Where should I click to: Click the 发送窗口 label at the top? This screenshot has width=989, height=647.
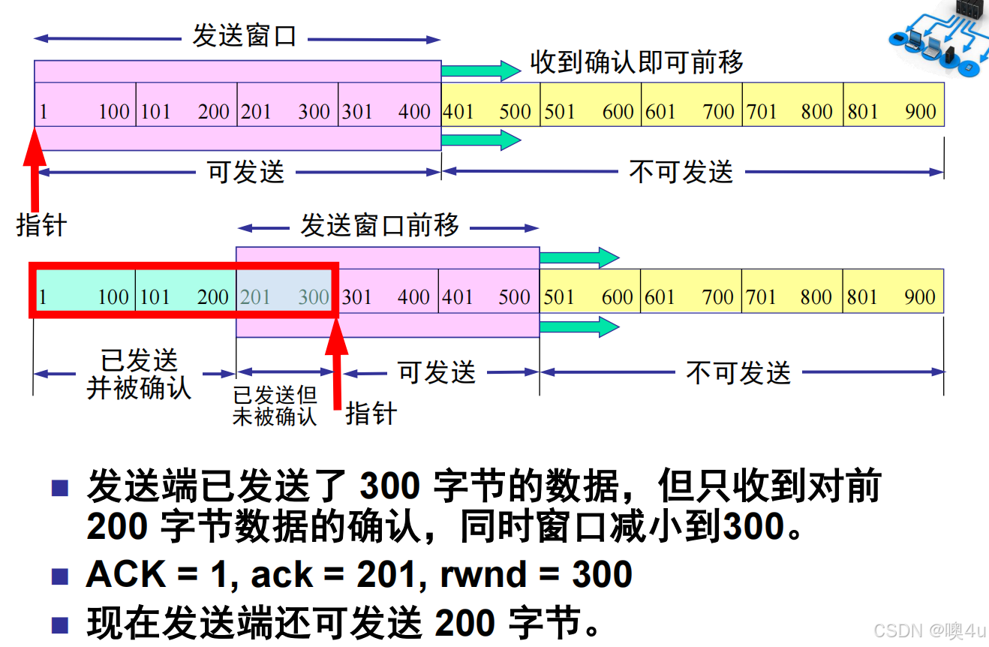click(x=245, y=37)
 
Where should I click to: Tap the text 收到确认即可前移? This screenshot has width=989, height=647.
click(x=636, y=62)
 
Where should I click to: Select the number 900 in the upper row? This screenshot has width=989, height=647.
click(x=920, y=112)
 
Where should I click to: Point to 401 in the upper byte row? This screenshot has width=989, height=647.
click(x=458, y=112)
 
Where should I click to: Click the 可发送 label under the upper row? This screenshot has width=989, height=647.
click(x=246, y=173)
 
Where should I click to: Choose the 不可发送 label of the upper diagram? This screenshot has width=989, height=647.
click(x=681, y=173)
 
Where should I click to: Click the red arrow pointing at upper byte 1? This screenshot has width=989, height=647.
click(x=34, y=169)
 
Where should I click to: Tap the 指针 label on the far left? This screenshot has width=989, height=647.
click(x=41, y=225)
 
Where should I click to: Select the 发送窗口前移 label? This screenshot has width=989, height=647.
click(x=380, y=225)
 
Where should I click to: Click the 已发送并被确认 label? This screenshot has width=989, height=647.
click(x=140, y=374)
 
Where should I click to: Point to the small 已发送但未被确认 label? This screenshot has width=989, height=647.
click(x=275, y=406)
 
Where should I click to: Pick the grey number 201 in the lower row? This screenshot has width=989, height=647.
click(x=255, y=297)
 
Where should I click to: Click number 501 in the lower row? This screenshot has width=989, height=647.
click(x=558, y=297)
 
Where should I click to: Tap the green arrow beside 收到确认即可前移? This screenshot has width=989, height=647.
click(x=480, y=71)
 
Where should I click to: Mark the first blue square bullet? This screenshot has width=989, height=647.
click(x=60, y=489)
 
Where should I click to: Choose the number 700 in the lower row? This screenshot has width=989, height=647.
click(x=717, y=297)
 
